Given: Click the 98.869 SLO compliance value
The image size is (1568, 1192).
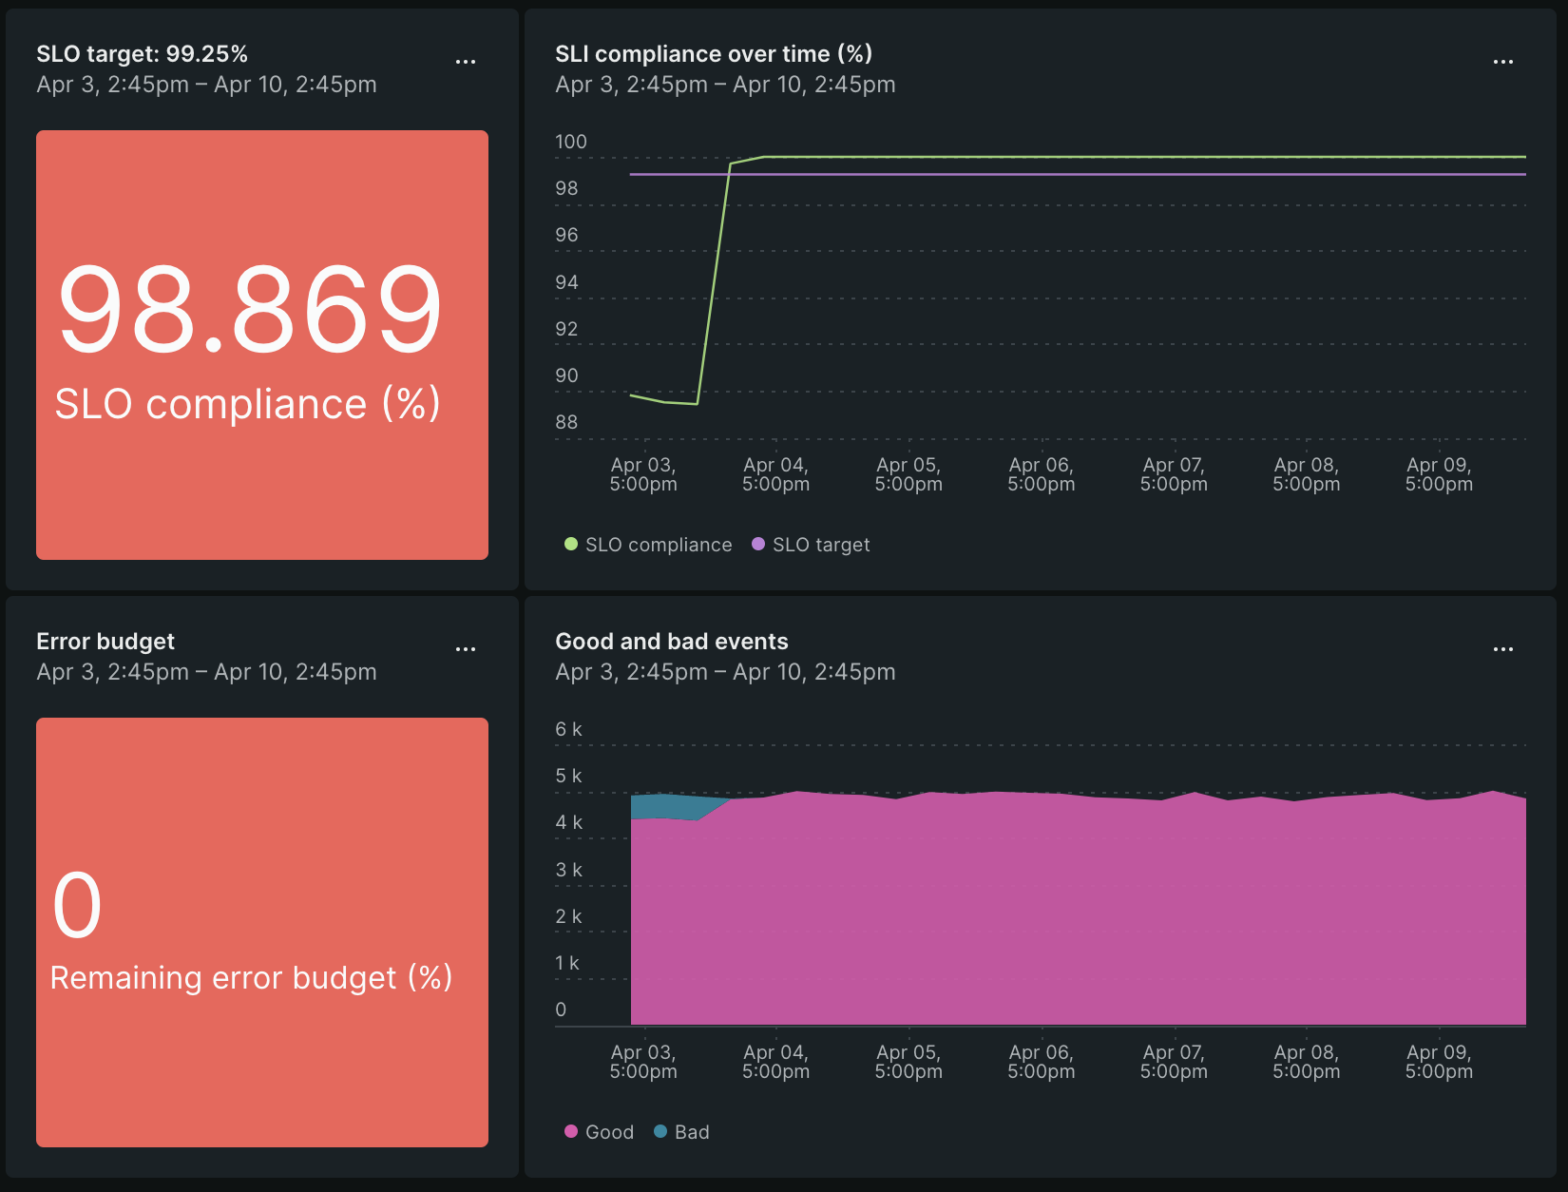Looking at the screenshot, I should (250, 310).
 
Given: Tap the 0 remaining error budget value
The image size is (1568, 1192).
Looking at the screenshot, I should (77, 906).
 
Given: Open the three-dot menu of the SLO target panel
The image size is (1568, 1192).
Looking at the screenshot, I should (465, 62).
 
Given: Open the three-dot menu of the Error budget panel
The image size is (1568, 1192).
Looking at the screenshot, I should (465, 649).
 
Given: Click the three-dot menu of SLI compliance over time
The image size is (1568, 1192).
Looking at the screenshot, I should (1502, 62).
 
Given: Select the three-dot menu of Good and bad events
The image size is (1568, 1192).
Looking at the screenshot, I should (1502, 649).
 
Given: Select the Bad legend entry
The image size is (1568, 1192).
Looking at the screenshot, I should (681, 1132).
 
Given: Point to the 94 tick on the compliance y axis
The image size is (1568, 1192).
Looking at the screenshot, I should (566, 282).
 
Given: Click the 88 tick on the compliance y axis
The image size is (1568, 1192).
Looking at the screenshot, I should (566, 422).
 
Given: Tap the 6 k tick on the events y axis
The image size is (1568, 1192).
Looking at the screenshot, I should (568, 729).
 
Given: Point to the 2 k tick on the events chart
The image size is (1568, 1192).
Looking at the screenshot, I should (568, 916).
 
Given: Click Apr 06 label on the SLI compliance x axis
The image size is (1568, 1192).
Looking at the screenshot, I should (1041, 474).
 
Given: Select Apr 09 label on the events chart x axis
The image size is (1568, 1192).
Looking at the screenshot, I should (1439, 1062).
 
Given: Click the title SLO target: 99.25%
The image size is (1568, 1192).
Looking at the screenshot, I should (142, 54).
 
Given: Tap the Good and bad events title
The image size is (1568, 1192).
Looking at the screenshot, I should (671, 642).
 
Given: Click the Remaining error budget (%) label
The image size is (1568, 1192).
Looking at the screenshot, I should (251, 978).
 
